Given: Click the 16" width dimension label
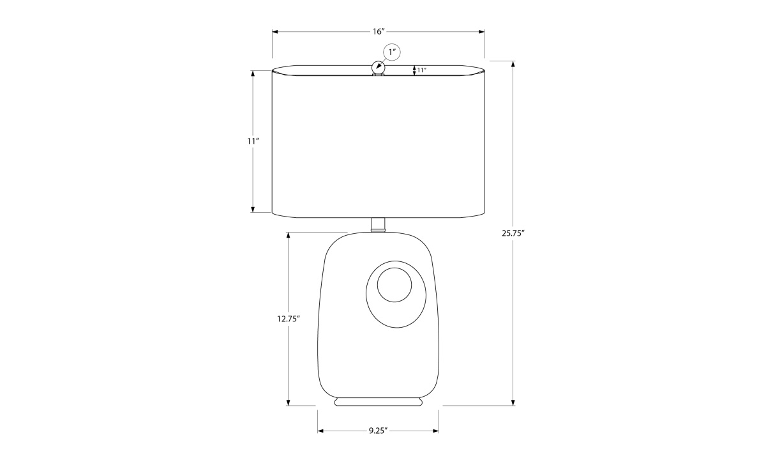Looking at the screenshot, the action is tap(379, 32).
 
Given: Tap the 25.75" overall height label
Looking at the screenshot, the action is tap(513, 233).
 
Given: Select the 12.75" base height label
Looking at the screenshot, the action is tap(289, 319).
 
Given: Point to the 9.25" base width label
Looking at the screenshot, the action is tap(378, 431).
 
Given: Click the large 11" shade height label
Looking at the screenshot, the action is tap(253, 141).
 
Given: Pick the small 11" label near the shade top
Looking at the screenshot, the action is tap(422, 70).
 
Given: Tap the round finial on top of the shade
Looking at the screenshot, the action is tap(378, 67).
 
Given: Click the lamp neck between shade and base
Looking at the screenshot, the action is tap(378, 224).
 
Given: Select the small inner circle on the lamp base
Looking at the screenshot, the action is tap(394, 285).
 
